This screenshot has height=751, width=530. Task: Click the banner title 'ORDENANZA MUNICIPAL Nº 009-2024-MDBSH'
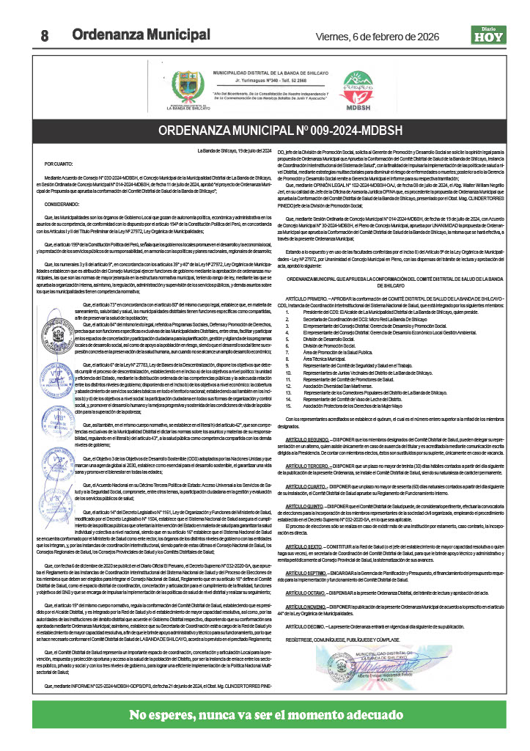pos(265,132)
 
